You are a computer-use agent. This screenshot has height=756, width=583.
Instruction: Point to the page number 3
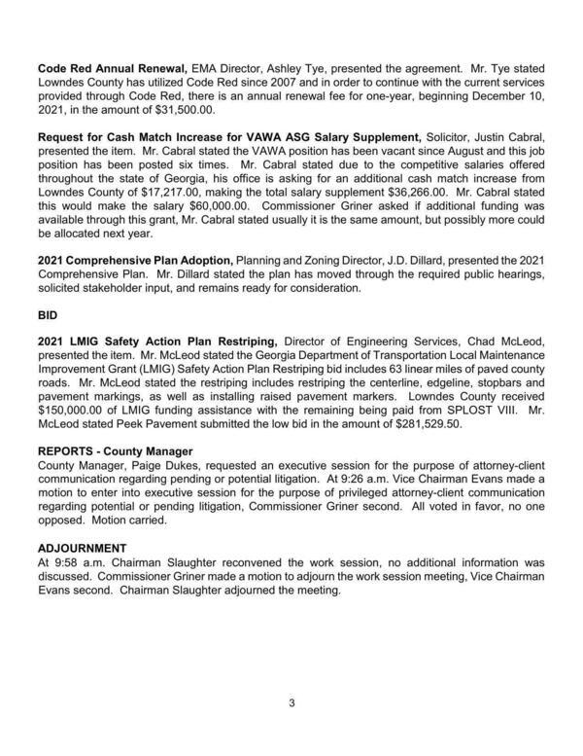(x=291, y=702)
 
